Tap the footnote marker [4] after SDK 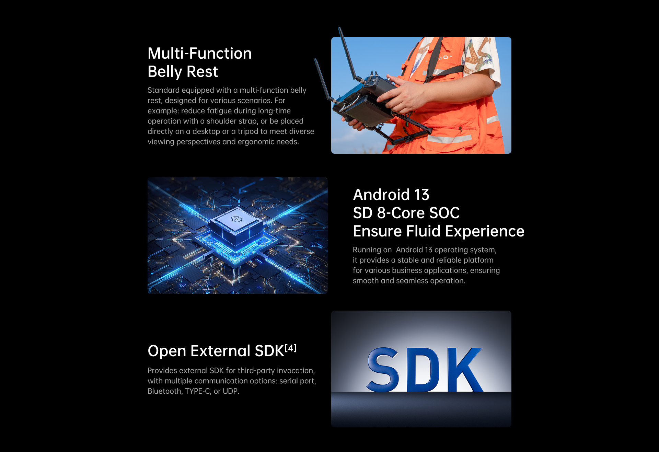291,348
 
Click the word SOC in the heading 444,213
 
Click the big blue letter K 465,370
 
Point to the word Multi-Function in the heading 200,54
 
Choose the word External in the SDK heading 220,351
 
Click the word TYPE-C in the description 197,391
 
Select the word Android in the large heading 381,195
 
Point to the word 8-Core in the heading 401,213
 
